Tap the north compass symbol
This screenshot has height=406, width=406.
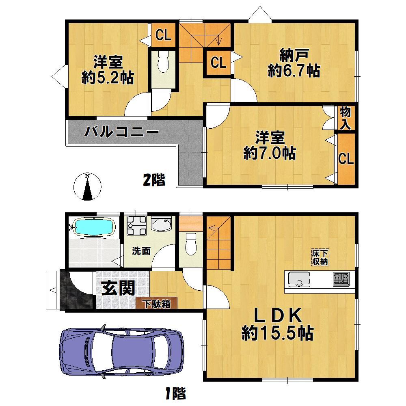point(88,187)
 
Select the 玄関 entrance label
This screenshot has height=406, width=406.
point(119,288)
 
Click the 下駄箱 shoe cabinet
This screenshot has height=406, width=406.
point(157,303)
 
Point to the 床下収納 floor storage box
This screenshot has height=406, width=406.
point(320,257)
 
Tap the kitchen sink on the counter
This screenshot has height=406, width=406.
point(299,279)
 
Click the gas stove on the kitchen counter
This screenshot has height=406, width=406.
point(341,279)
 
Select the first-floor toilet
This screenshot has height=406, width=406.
point(191,243)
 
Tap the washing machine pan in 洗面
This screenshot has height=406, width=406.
point(136,225)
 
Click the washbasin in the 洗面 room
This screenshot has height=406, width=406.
point(162,224)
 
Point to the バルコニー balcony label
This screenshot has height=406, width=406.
point(121,132)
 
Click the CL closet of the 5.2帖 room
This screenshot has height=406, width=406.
point(163,35)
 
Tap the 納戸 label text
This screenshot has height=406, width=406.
point(294,55)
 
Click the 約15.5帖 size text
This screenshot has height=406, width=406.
point(278,333)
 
